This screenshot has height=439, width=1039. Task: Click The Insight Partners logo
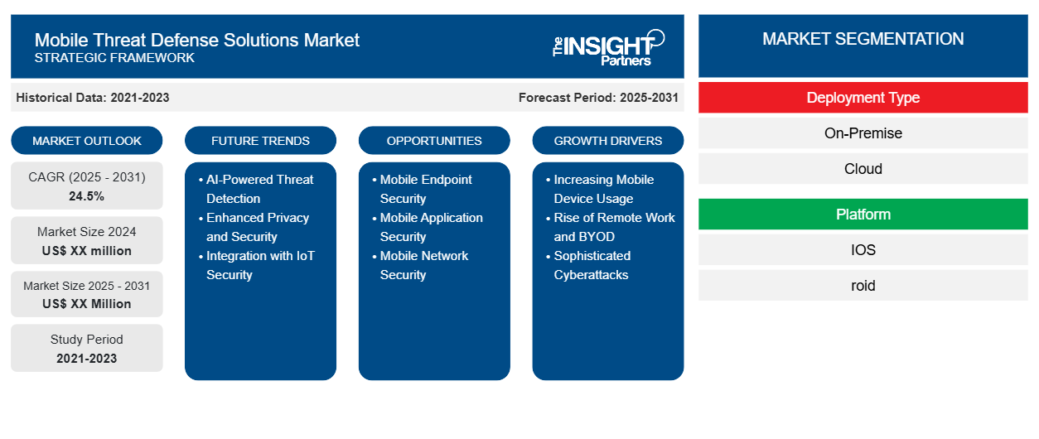[x=608, y=47]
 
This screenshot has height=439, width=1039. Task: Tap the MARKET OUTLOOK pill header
[x=87, y=141]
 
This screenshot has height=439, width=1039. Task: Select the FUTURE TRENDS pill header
[x=260, y=141]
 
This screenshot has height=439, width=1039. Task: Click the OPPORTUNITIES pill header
[x=434, y=141]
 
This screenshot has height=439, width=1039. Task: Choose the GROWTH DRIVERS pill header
[x=607, y=141]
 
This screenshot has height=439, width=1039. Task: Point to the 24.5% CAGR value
[x=87, y=196]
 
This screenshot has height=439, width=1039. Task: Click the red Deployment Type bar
[x=863, y=98]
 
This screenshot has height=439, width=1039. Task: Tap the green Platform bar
[x=863, y=215]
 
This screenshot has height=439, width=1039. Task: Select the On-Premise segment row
[x=863, y=133]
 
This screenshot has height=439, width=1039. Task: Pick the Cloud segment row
[x=863, y=169]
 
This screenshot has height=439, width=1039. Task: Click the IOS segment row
[x=863, y=250]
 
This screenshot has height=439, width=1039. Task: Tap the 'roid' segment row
[x=863, y=286]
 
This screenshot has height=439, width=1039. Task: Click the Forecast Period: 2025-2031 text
[x=598, y=98]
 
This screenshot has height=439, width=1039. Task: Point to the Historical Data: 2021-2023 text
[x=93, y=98]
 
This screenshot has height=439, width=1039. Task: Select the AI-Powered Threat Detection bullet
[x=257, y=189]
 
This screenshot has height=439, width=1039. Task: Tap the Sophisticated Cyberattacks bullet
[x=588, y=265]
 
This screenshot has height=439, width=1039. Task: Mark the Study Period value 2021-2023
[x=87, y=359]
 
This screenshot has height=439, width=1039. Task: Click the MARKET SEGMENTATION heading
[x=863, y=39]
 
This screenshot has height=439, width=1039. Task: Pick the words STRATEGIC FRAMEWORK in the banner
[x=114, y=58]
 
